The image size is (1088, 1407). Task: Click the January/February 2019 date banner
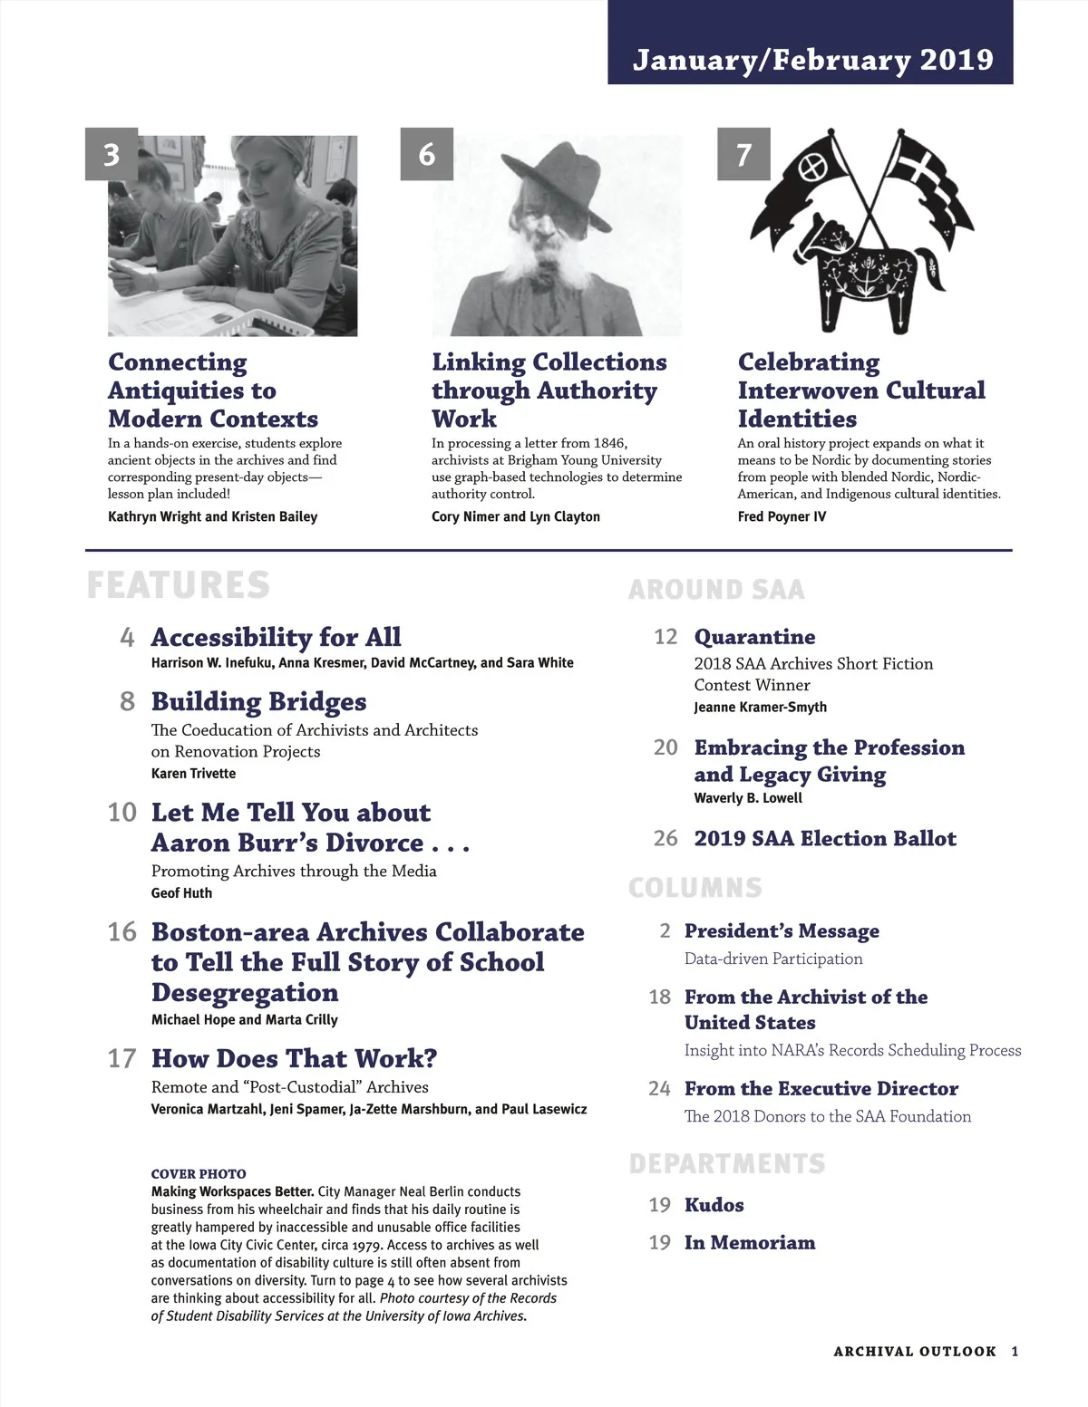[x=811, y=60]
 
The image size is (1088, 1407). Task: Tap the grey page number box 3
[x=112, y=155]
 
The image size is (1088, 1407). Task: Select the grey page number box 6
[x=426, y=155]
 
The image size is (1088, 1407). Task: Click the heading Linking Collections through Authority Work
[x=549, y=390]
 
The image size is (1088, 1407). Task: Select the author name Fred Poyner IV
[x=782, y=516]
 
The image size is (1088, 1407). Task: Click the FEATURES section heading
[x=179, y=585]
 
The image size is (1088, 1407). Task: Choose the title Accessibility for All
[x=276, y=637]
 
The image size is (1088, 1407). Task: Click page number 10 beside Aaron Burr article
[x=121, y=813]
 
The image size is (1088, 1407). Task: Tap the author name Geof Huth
[x=181, y=893]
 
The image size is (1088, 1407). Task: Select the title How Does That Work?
[x=294, y=1058]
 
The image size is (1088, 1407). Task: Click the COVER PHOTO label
[x=199, y=1174]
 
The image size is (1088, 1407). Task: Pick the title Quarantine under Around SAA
[x=754, y=637]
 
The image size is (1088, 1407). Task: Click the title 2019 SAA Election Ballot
[x=825, y=838]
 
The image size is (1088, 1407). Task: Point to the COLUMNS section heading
[x=695, y=888]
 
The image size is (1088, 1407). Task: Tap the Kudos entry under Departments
[x=714, y=1205]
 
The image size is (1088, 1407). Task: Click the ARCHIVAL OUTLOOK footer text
[x=914, y=1351]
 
